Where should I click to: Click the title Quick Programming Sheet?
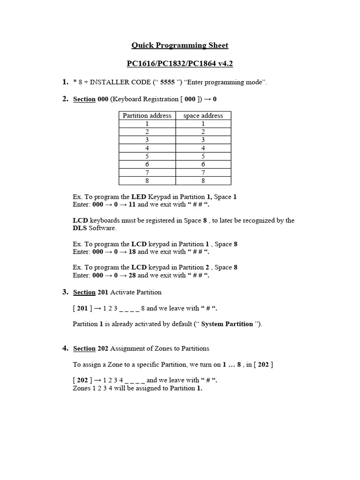(x=180, y=45)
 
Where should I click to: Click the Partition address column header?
(x=147, y=115)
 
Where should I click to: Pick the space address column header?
(x=203, y=115)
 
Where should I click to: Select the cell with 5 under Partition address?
(x=147, y=156)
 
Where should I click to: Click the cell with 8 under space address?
(x=203, y=180)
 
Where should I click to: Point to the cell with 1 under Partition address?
(x=147, y=124)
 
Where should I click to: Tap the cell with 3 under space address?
(x=203, y=140)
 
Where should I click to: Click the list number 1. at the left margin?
(x=66, y=82)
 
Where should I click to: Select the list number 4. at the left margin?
(x=66, y=348)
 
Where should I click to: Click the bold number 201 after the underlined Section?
(x=103, y=292)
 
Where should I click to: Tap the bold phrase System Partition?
(x=227, y=324)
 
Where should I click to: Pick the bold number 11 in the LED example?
(x=132, y=204)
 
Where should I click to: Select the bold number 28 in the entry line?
(x=133, y=275)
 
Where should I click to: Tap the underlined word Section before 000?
(x=84, y=100)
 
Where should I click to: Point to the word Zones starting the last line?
(x=82, y=388)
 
